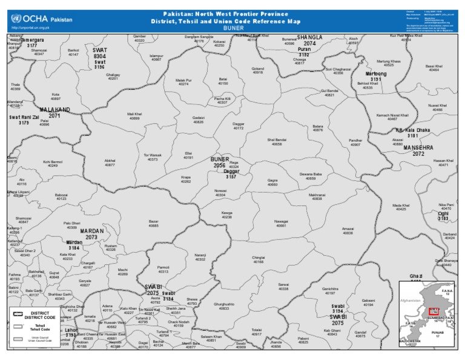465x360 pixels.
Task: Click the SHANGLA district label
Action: click(310, 38)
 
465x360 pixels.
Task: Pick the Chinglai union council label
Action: click(259, 259)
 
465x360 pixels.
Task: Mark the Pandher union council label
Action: click(355, 142)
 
